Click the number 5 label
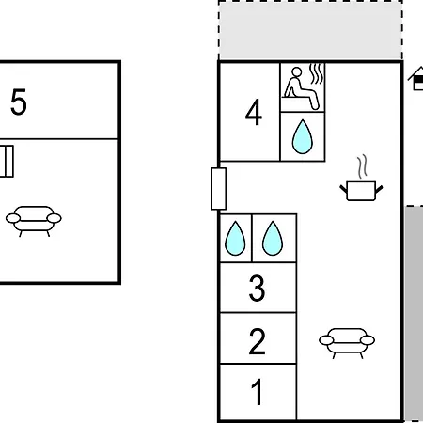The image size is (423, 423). coord(19,102)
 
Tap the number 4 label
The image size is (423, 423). coord(254,112)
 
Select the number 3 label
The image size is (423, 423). coord(257,289)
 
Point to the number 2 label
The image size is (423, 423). coord(257,341)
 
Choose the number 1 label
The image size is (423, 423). coord(257,392)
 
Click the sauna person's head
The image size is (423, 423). coord(296,72)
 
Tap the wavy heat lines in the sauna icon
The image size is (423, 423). coord(316,74)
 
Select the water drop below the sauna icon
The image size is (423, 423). coord(303,137)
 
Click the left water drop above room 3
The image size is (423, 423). coord(235,239)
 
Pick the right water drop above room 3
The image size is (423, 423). coord(273,239)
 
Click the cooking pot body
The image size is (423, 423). coord(361,191)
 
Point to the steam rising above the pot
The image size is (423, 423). coord(362,166)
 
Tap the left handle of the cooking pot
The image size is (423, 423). coord(344,189)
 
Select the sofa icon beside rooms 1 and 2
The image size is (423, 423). coord(347,342)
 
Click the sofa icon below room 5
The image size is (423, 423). coord(34,220)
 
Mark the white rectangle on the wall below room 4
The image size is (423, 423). coord(219,189)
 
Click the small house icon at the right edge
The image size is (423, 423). coord(416,78)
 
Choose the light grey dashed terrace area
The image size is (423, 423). coord(310,30)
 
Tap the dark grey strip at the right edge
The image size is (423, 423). coord(414,313)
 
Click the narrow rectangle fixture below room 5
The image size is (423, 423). coord(7,162)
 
